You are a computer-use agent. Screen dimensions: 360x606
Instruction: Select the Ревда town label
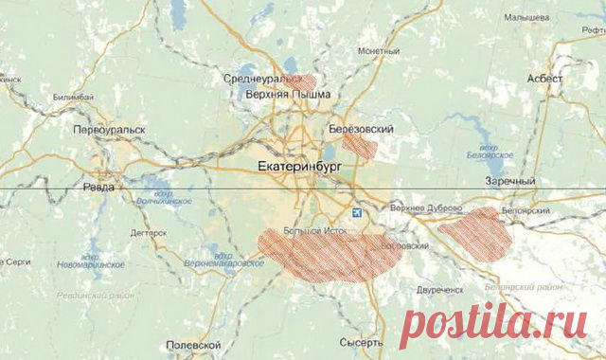click(98, 187)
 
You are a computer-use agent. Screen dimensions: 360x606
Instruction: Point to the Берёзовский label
click(360, 127)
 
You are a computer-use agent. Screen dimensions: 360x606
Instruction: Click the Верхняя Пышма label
click(288, 95)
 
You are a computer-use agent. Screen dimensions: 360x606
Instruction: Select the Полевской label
click(193, 345)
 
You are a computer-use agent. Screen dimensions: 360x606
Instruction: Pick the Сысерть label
click(361, 342)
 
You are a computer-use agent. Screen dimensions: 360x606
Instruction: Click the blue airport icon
click(357, 213)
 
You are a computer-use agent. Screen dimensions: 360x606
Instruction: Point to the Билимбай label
click(75, 97)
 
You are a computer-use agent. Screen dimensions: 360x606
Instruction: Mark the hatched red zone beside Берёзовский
click(360, 145)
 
